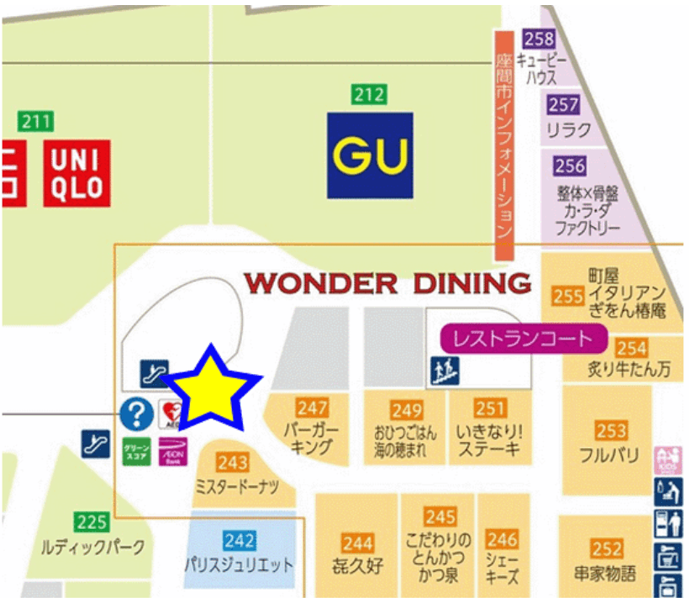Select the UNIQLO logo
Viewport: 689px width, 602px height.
(77, 175)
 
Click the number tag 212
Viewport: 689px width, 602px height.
(370, 94)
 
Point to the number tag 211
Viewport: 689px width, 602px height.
(36, 121)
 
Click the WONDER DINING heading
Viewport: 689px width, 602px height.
(388, 283)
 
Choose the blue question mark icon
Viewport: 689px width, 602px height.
(136, 414)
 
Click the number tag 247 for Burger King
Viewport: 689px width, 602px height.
(313, 408)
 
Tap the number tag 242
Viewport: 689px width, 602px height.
(239, 541)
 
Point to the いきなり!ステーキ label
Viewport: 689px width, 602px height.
(491, 441)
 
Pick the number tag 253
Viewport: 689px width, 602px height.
(612, 430)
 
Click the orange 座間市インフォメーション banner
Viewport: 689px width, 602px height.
(504, 145)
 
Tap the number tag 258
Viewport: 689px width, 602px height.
(539, 39)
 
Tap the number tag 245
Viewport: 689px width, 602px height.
(440, 516)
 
